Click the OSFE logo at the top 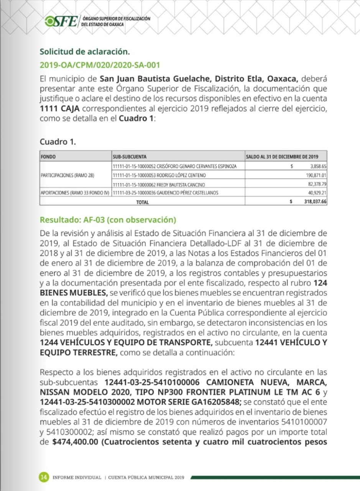(x=61, y=21)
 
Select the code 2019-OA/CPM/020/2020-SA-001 (x=100, y=65)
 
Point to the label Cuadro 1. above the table (x=58, y=142)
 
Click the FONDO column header (x=48, y=157)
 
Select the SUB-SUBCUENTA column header (x=130, y=157)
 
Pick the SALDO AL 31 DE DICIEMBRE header (x=282, y=157)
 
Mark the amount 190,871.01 (x=314, y=175)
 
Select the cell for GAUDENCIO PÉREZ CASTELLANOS (x=165, y=193)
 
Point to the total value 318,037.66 (x=313, y=201)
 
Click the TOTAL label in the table (x=142, y=201)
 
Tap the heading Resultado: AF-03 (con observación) (x=108, y=220)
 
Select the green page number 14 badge (x=44, y=477)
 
